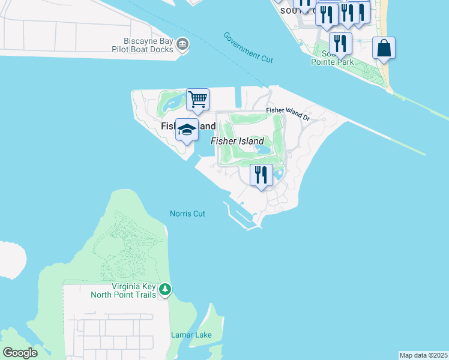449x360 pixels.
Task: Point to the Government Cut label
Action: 248,47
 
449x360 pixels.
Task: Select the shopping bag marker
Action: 384,49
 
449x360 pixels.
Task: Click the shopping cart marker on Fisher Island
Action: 197,100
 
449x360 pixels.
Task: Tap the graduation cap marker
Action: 187,130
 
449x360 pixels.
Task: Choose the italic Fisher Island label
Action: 237,141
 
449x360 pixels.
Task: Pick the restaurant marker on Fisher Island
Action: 261,176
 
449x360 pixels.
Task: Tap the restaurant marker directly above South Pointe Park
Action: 340,44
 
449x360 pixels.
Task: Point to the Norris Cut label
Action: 187,214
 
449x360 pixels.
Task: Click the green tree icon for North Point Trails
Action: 165,290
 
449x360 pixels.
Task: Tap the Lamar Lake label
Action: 191,335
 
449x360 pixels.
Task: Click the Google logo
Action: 20,353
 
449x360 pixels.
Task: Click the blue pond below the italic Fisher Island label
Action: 263,149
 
